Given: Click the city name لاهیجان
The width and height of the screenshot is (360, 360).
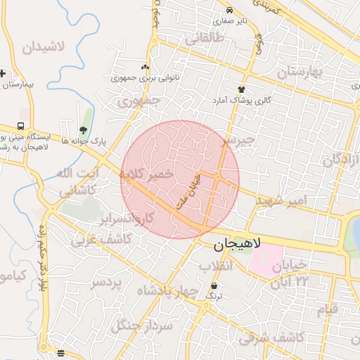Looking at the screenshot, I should click(x=237, y=245).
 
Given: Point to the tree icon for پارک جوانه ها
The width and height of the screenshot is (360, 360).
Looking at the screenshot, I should click(x=84, y=130).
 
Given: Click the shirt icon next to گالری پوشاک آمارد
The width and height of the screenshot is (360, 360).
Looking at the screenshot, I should click(x=242, y=89).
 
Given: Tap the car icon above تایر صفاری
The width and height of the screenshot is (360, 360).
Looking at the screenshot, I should click(x=231, y=10).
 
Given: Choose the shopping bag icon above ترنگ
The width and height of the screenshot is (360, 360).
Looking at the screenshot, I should click(x=214, y=286).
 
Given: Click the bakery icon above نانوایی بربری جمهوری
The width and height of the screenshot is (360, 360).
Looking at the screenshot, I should click(x=146, y=67).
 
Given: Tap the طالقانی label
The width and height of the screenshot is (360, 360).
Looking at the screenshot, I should click(x=204, y=39).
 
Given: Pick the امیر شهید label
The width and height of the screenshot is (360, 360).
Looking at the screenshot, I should click(x=281, y=200).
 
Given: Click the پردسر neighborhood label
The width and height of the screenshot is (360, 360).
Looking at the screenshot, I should click(x=106, y=282).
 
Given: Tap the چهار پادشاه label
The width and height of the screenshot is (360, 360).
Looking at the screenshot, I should click(x=163, y=290).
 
